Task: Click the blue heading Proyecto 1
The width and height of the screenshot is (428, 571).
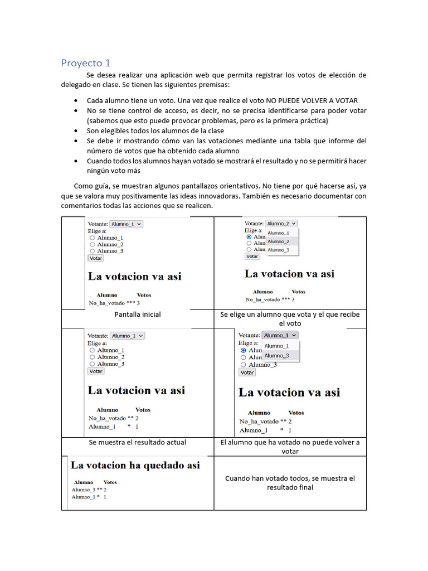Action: tap(86, 63)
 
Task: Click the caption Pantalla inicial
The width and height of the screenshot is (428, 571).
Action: tap(138, 314)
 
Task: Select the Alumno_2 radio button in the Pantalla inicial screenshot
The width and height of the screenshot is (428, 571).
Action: tap(93, 244)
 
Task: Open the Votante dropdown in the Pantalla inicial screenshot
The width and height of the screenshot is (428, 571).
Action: tap(127, 224)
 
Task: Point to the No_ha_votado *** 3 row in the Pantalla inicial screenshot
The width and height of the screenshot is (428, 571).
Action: tap(114, 303)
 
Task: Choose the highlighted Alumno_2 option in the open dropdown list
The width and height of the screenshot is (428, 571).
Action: tap(278, 241)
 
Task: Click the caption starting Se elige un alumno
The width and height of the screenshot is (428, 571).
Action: tap(290, 318)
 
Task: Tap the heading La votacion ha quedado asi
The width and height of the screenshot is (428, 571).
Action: tap(135, 465)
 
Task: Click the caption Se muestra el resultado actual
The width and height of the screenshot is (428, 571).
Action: tap(138, 442)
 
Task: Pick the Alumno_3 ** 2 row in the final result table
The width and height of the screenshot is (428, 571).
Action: tap(89, 490)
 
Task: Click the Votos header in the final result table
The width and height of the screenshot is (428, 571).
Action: tap(110, 482)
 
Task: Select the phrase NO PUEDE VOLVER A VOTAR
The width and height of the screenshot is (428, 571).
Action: tap(312, 100)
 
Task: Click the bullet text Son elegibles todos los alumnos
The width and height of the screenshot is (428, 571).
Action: tap(155, 130)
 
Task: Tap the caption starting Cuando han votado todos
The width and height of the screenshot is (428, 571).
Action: tap(290, 483)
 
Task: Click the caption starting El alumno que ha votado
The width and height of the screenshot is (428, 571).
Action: tap(290, 447)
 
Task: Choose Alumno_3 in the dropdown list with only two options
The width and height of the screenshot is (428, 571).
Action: tap(276, 355)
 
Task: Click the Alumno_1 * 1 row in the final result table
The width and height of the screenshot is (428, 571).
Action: tap(89, 497)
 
